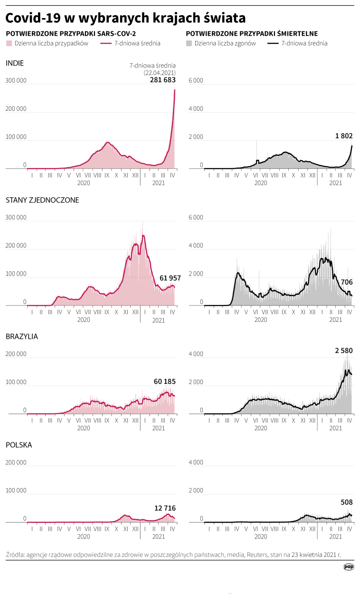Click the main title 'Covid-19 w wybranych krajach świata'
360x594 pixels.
[125, 18]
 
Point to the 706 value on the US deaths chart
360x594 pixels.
[347, 282]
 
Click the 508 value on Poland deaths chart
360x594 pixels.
[347, 502]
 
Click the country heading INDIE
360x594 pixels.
[15, 63]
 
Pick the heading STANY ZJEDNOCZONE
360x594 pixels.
[42, 200]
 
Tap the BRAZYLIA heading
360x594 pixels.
[22, 336]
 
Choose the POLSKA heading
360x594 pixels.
[19, 445]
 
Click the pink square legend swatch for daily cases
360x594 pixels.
[9, 43]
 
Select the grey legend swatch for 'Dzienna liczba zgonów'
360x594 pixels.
[189, 43]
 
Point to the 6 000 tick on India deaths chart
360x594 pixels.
[196, 81]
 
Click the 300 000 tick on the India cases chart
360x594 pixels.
[16, 81]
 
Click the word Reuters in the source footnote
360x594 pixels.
[257, 554]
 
